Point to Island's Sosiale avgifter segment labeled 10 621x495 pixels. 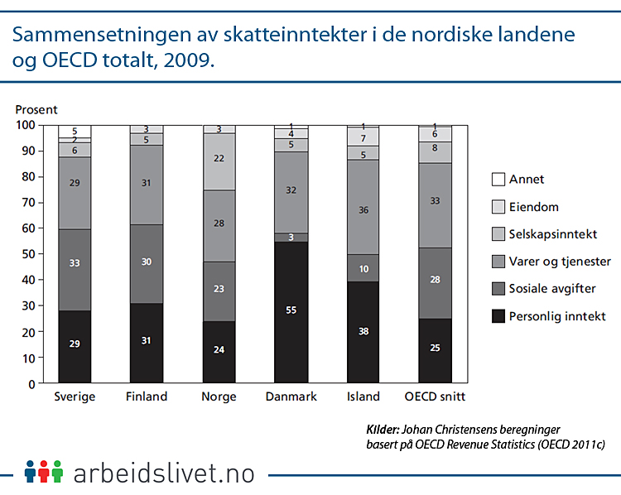[x=363, y=268]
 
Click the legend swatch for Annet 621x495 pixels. [x=498, y=179]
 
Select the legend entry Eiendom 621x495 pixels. [x=533, y=206]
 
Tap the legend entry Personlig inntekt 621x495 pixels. [x=558, y=315]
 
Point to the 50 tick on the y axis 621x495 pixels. [x=28, y=254]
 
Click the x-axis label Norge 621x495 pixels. [x=219, y=396]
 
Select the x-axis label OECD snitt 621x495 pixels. [x=434, y=396]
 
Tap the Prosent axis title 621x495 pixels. [x=36, y=109]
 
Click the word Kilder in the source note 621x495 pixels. [x=382, y=430]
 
